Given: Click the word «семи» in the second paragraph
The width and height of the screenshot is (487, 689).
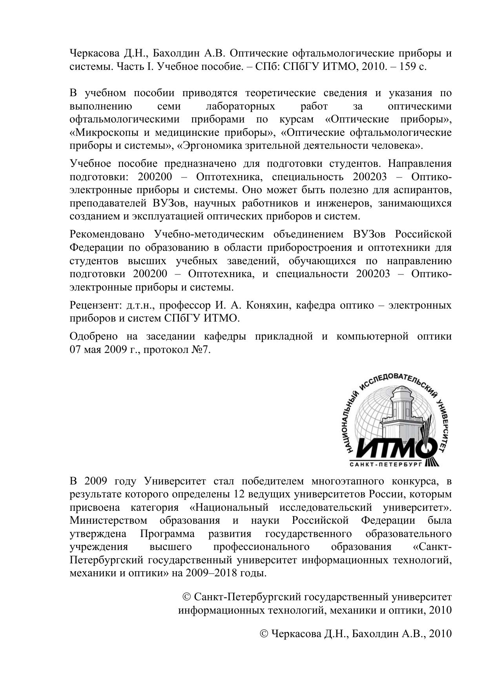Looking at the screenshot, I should (x=168, y=106).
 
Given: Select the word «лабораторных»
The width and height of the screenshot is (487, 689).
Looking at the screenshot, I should (x=241, y=106).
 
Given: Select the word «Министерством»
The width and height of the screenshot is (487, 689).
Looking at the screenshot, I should (x=108, y=521).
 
